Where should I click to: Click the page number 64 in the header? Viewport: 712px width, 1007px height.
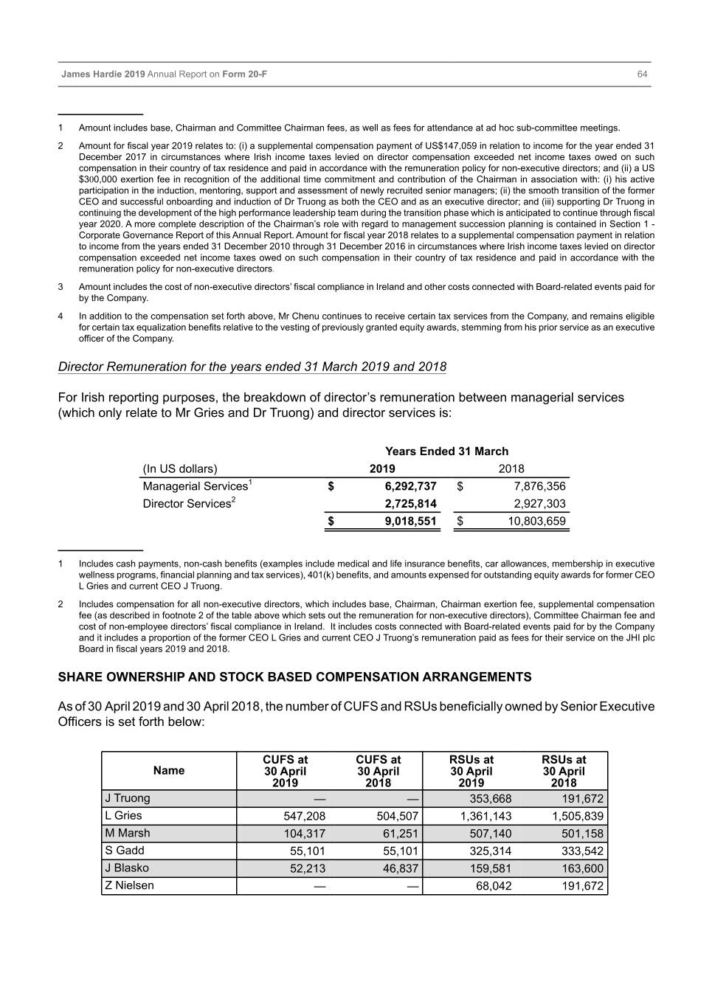point(642,75)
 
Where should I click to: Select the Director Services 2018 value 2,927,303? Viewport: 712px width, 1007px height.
point(539,504)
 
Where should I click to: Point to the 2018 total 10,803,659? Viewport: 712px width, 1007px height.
point(536,522)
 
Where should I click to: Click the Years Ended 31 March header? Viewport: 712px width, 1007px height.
point(446,451)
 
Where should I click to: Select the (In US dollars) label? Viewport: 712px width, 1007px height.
point(180,469)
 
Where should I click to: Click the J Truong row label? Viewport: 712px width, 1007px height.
point(128,798)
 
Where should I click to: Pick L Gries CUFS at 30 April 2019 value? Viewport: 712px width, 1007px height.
point(304,816)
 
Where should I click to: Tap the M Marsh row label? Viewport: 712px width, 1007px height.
point(128,833)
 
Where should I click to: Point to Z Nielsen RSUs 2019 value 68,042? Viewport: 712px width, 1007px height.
point(494,886)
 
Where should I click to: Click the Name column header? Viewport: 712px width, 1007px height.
point(169,770)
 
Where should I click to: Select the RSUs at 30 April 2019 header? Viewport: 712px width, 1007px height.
point(471,771)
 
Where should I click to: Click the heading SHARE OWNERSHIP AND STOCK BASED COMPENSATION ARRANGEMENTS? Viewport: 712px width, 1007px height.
point(294,677)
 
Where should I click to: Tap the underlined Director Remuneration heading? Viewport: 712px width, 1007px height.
point(252,367)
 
